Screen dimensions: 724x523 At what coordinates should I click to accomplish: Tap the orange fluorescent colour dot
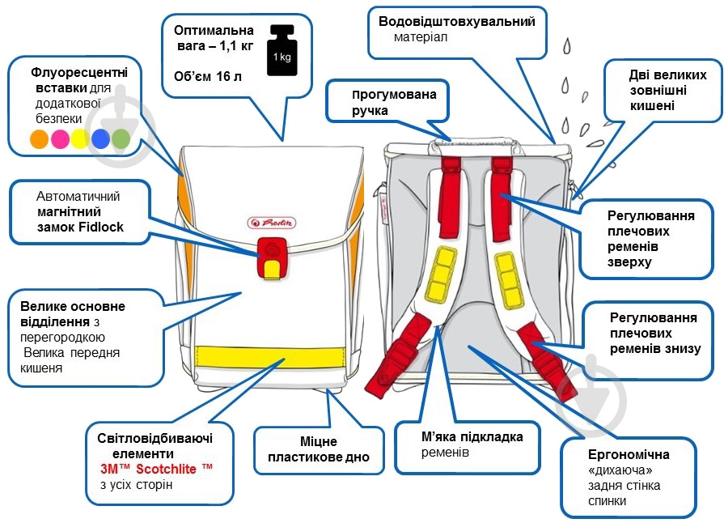pos(40,138)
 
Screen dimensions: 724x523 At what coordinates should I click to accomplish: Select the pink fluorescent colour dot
pos(60,138)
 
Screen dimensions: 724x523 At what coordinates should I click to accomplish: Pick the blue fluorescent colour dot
pos(100,138)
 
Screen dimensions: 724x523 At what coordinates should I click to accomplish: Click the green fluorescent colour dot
pos(121,138)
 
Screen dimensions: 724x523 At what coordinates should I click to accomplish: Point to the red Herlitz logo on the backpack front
pos(272,223)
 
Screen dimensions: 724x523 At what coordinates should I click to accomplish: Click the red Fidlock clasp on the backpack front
pos(272,258)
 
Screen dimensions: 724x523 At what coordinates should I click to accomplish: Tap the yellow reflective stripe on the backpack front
pos(271,357)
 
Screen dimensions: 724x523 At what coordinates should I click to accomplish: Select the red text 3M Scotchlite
pos(156,469)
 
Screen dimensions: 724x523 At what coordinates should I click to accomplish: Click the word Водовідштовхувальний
pos(457,22)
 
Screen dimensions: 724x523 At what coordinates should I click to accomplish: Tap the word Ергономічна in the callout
pos(629,455)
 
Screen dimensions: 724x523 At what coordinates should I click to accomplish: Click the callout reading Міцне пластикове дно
pos(319,450)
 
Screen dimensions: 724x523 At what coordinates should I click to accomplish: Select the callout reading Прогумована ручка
pos(387,102)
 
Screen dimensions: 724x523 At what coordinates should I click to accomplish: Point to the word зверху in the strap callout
pos(629,262)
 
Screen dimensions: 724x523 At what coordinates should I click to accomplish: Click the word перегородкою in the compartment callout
pos(62,338)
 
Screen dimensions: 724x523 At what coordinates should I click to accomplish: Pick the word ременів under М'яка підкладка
pos(445,453)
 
